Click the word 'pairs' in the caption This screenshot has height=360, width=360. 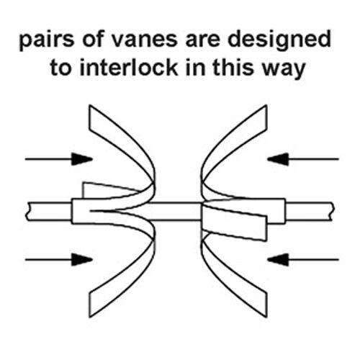[x=47, y=40]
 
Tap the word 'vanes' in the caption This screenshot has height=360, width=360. [x=145, y=40]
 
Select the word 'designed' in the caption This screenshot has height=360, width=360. [x=279, y=41]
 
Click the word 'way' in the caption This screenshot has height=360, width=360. [x=283, y=70]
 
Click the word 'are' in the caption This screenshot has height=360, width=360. [x=202, y=40]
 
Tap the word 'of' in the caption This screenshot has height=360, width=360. [x=93, y=40]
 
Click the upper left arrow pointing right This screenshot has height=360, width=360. [x=59, y=159]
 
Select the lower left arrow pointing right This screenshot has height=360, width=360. [x=59, y=259]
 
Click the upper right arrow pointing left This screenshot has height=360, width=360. [x=303, y=159]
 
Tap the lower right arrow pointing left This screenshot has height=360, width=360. [x=303, y=259]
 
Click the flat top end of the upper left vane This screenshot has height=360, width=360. [x=89, y=117]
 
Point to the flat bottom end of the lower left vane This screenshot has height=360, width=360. [x=89, y=305]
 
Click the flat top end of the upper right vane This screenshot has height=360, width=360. [x=266, y=117]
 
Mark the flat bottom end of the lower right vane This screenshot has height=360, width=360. [x=266, y=305]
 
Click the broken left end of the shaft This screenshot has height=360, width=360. [x=27, y=212]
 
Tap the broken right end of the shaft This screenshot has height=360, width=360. [x=333, y=212]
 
